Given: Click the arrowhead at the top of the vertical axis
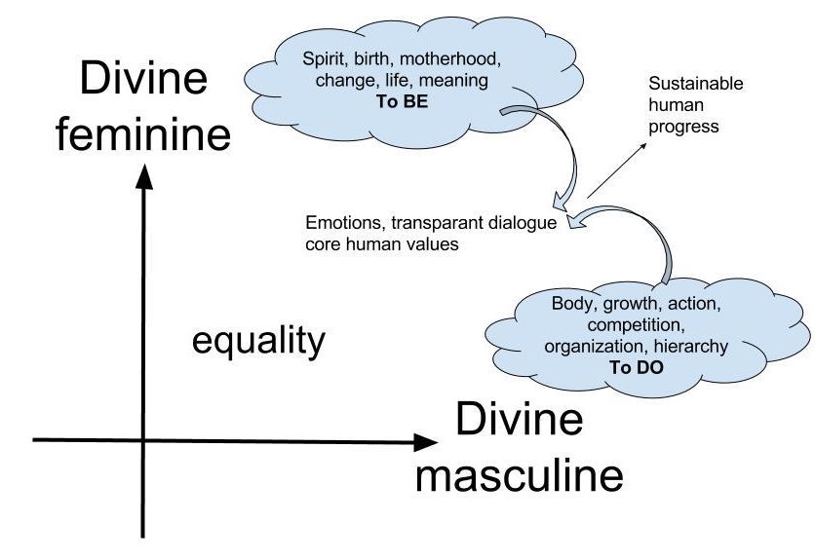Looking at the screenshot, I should click(144, 175).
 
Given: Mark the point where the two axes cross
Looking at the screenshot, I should click(144, 441).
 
